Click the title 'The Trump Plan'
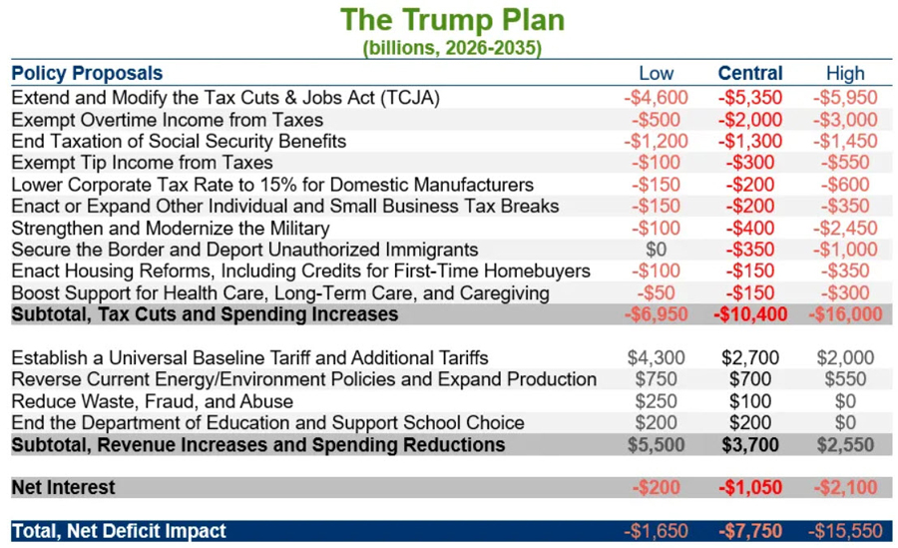(451, 20)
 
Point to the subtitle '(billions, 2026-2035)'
(452, 48)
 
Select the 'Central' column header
(750, 73)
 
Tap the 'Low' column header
(656, 73)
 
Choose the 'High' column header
(845, 73)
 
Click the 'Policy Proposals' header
(87, 73)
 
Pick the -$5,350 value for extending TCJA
(750, 98)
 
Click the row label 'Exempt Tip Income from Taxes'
(142, 163)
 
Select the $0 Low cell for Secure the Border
(656, 250)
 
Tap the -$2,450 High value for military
(845, 228)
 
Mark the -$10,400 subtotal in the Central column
(750, 314)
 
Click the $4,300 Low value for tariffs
(656, 357)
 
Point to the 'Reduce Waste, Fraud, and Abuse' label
(153, 401)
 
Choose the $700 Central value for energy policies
(750, 379)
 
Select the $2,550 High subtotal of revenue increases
(845, 444)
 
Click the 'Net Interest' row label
(63, 488)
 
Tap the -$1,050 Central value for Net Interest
(750, 488)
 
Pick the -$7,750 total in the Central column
(750, 531)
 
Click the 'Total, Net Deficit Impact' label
(119, 531)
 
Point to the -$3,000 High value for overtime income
(845, 120)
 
